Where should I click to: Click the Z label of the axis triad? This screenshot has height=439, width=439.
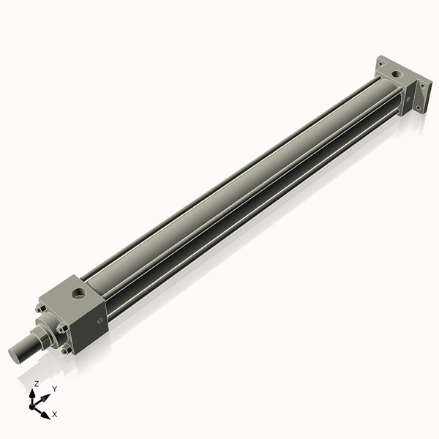click(37, 383)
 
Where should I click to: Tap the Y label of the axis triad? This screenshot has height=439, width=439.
click(54, 389)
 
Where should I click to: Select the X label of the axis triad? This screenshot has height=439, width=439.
click(55, 414)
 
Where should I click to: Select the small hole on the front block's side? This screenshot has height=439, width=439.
click(100, 319)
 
